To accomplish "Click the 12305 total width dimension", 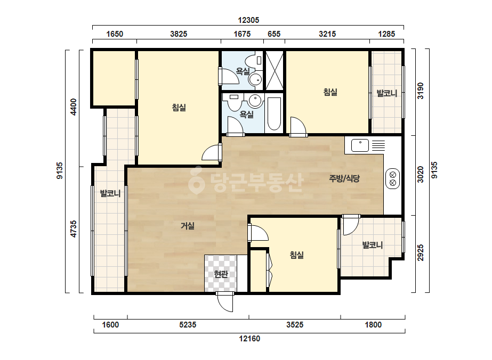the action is (x=248, y=20).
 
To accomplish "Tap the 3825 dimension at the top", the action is (x=179, y=34).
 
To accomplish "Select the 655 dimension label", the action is (x=274, y=34).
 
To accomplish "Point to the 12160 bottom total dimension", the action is (x=249, y=339).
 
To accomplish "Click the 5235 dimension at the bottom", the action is (x=188, y=325).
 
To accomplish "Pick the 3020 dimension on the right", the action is (x=421, y=174).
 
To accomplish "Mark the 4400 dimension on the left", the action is (x=73, y=107).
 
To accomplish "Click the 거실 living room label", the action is (x=188, y=226).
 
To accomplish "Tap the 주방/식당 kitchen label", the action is (x=344, y=178).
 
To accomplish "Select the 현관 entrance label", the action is (x=221, y=274).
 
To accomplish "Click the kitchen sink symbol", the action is (x=360, y=145).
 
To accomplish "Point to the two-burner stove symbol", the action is (x=392, y=179).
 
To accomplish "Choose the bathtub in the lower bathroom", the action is (x=274, y=114).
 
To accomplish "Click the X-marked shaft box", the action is (x=275, y=70).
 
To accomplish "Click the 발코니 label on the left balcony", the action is (x=110, y=193).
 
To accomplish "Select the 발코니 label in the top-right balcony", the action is (x=387, y=93).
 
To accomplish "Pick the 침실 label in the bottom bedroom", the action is (x=296, y=255).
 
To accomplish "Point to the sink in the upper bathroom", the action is (x=255, y=80).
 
